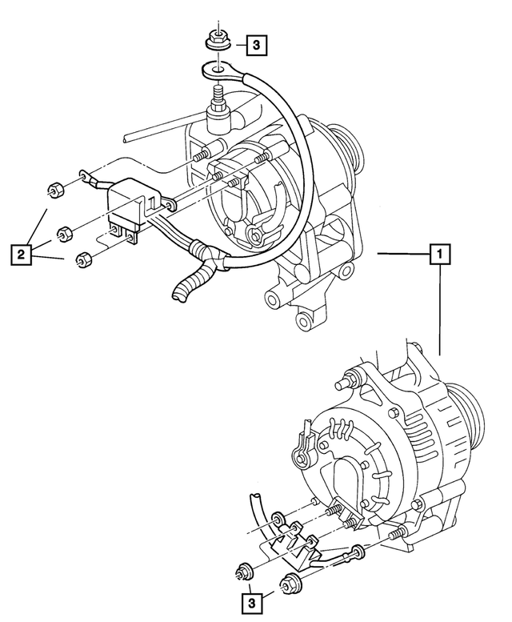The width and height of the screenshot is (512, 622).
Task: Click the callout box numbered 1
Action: (440, 255)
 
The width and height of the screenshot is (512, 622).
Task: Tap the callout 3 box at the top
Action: (253, 46)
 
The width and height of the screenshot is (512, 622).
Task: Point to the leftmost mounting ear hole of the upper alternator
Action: (271, 302)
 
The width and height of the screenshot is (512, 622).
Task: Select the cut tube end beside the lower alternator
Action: (254, 500)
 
